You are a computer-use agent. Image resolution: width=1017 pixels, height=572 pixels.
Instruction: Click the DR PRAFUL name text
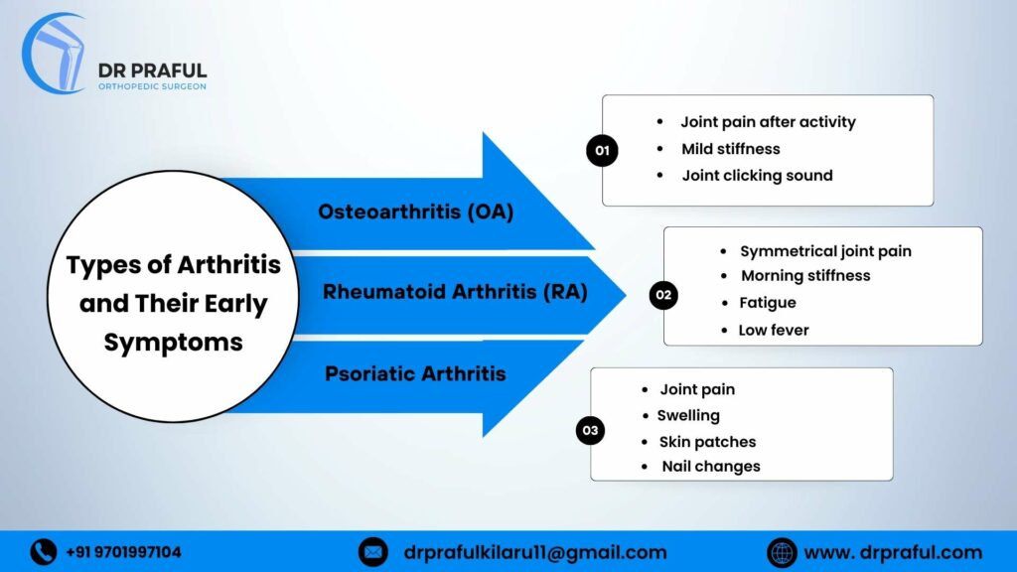coord(152,71)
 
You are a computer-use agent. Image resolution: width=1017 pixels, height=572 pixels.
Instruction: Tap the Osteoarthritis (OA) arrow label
coord(415,212)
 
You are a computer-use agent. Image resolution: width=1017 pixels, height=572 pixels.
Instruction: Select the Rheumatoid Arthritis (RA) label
coord(455,292)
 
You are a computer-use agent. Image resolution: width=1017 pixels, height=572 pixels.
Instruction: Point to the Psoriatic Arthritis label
coord(415,373)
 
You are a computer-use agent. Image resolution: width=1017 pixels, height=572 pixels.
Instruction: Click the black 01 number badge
coord(601,151)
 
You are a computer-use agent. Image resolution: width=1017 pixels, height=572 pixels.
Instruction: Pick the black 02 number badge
coord(662,295)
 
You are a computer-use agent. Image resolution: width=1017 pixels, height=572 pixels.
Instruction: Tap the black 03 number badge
coord(590,430)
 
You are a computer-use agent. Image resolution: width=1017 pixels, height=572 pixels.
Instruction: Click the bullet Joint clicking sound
coord(757,176)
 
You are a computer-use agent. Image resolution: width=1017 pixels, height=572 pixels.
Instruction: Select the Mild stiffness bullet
coord(730,149)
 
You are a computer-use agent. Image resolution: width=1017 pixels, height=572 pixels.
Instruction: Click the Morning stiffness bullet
coord(805,276)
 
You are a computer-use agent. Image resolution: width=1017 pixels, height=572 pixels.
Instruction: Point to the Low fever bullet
coord(774,330)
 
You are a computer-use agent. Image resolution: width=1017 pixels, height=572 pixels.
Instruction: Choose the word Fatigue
coord(768,303)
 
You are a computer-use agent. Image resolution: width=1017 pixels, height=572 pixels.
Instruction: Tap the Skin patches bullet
coord(707,442)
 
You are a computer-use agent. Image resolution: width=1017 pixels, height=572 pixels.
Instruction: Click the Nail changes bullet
coord(710,466)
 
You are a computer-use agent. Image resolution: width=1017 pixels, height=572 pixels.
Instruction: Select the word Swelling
coord(688,415)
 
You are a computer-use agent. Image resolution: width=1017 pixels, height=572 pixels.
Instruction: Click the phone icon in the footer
coord(44,552)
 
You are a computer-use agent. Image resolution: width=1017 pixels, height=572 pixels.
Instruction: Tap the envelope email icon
coord(372,552)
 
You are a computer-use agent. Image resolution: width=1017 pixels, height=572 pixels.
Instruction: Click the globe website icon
coord(782,552)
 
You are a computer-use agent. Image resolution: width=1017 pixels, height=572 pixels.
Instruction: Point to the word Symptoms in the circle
coord(173,343)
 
